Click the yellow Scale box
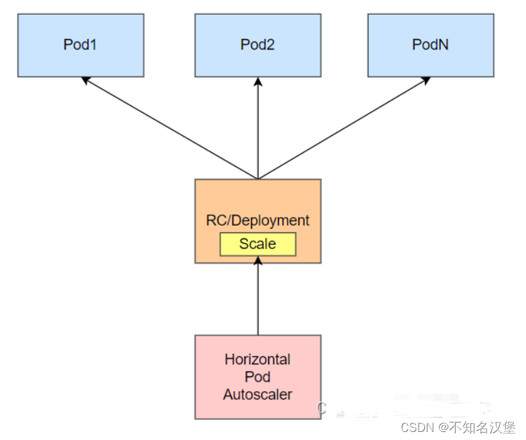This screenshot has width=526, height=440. (x=258, y=244)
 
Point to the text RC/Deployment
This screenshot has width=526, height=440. (x=258, y=220)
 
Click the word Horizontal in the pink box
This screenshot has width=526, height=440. (x=258, y=359)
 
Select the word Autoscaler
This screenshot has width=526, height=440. (x=258, y=394)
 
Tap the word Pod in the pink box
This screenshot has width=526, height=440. (x=258, y=377)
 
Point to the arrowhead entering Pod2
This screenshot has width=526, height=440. (x=258, y=82)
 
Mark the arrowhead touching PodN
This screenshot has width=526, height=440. (x=427, y=80)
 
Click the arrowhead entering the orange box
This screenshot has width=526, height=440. (x=258, y=260)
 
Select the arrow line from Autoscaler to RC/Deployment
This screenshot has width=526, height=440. (x=258, y=298)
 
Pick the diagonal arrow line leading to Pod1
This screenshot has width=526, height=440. (x=171, y=129)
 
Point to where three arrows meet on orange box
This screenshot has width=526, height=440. (x=258, y=179)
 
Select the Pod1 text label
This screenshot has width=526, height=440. (x=80, y=45)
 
